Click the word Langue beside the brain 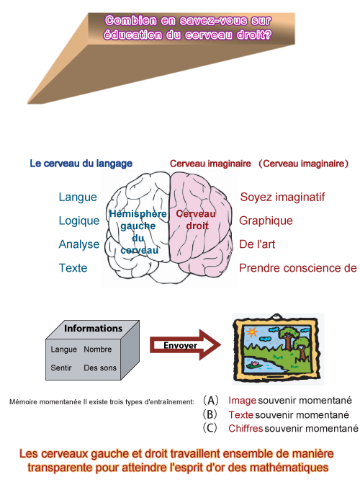[78, 197]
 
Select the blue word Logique [79, 221]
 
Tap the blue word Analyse [79, 244]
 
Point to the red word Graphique [266, 221]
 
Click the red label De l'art [257, 244]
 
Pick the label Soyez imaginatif [282, 197]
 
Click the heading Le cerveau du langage [81, 164]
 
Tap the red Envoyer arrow [186, 345]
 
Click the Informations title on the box [93, 328]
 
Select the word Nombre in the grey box [98, 350]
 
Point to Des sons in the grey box [100, 368]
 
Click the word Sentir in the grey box [61, 368]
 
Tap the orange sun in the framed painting [252, 332]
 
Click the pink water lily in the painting [255, 363]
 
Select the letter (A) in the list [211, 400]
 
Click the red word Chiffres [246, 428]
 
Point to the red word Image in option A [242, 401]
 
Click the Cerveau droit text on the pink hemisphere [197, 220]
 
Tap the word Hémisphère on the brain [138, 214]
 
